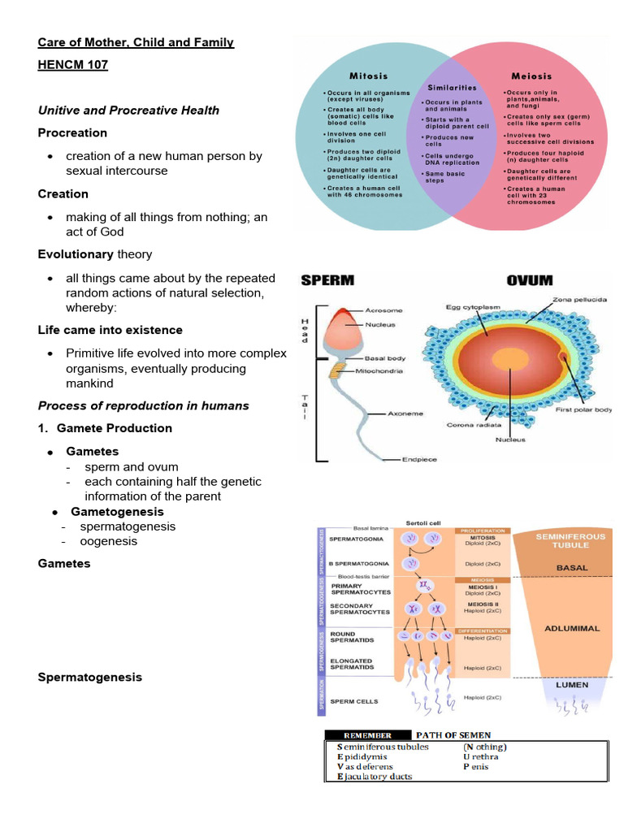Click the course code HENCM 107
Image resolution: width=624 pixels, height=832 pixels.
(72, 65)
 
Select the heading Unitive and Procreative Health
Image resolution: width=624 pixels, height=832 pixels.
(128, 110)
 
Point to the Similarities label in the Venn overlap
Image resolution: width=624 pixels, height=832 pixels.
(452, 87)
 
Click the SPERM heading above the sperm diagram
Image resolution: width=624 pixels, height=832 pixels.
(327, 281)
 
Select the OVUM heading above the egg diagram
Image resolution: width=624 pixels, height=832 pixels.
(530, 281)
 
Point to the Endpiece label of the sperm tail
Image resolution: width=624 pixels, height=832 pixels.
(419, 459)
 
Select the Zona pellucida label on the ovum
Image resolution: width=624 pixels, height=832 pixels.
(579, 300)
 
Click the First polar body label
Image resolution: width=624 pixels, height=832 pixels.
(583, 410)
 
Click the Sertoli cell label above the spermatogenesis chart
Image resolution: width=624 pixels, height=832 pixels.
(422, 522)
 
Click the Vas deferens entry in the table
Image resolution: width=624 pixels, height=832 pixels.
(366, 766)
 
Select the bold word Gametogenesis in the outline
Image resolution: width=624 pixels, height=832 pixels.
(117, 512)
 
